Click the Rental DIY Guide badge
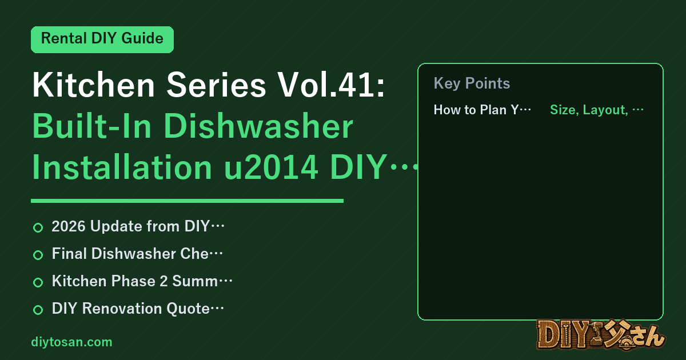102,39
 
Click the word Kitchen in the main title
94,85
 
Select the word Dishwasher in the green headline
258,126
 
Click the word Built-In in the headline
92,126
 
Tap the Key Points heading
472,83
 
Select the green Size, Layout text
589,110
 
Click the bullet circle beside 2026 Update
38,227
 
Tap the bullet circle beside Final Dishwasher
38,255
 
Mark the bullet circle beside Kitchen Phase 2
38,282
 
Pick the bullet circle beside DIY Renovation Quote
38,310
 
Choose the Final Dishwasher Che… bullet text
137,254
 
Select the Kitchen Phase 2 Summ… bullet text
142,281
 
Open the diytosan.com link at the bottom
71,342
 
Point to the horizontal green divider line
187,201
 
